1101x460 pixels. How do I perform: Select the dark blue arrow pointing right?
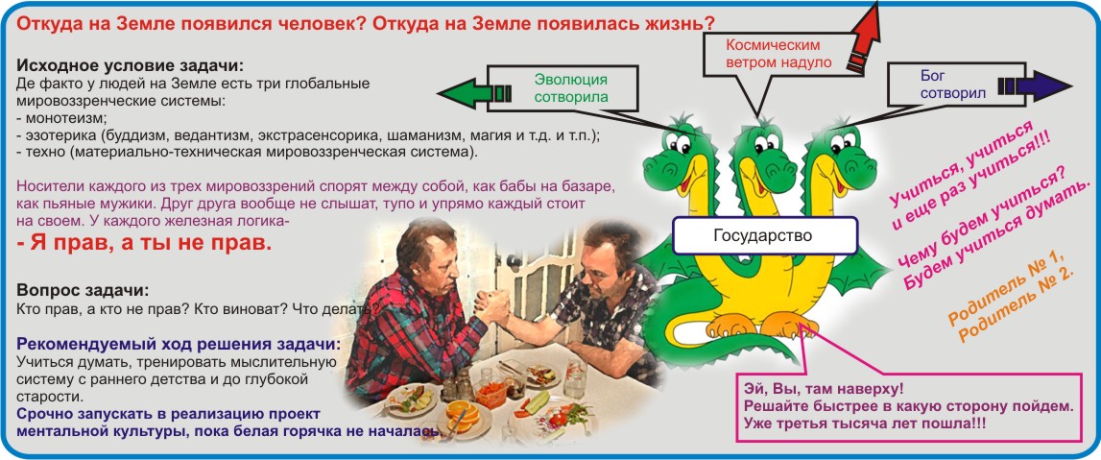coord(1036,86)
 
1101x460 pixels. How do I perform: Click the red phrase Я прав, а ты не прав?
coord(143,244)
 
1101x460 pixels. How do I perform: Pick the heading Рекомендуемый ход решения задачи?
coord(180,346)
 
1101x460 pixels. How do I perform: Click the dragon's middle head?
coord(765,151)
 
